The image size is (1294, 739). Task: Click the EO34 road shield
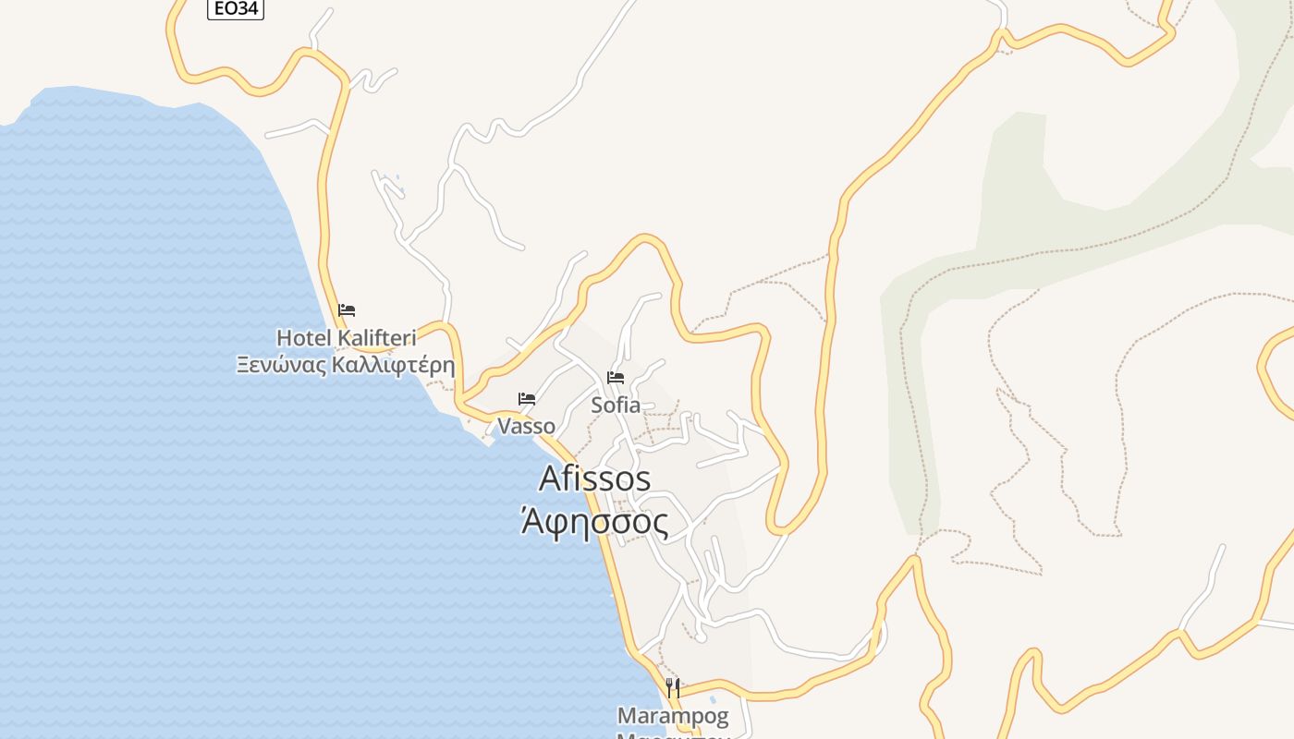235,9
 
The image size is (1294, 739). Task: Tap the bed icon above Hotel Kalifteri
347,310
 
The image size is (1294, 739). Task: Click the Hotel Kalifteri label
347,337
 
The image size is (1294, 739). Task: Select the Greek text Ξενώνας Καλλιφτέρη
346,364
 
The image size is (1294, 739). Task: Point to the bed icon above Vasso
527,399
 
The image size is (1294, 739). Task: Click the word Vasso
527,426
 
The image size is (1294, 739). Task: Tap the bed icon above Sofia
616,377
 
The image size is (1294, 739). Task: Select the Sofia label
616,405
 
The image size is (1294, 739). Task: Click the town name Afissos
594,479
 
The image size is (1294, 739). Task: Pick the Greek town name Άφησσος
594,523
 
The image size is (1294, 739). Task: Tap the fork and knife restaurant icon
673,687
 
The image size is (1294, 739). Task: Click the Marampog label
673,716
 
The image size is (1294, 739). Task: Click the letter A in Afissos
550,479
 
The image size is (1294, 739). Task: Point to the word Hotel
303,337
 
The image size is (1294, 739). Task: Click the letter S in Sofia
597,405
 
